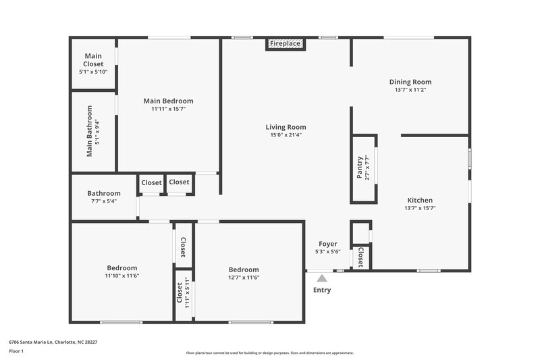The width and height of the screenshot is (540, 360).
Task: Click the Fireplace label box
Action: point(286,44)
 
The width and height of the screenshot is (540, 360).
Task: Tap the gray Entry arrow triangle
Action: point(322,278)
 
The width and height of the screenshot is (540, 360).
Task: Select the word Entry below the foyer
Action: point(322,290)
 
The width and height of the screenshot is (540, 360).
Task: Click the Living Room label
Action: point(286,127)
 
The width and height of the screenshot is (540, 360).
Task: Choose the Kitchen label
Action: point(420,200)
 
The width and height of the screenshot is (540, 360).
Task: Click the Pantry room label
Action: point(360,168)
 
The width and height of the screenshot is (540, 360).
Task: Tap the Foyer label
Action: point(327,244)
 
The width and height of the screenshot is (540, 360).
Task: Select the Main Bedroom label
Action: point(168,101)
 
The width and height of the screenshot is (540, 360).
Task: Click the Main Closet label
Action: point(93,60)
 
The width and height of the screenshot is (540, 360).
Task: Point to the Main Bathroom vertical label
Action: point(89,131)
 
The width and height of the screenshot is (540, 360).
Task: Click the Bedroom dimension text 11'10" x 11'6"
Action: point(122,276)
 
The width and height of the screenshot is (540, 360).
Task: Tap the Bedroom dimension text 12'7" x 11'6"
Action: point(244,278)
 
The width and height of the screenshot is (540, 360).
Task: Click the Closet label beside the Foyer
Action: point(360,257)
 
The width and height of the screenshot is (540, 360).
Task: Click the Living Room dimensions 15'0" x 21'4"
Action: point(286,135)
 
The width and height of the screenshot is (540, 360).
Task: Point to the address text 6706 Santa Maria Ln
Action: point(40,342)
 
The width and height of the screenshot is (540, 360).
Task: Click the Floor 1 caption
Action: point(16,352)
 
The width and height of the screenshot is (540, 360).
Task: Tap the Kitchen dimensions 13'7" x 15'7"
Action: point(420,208)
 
